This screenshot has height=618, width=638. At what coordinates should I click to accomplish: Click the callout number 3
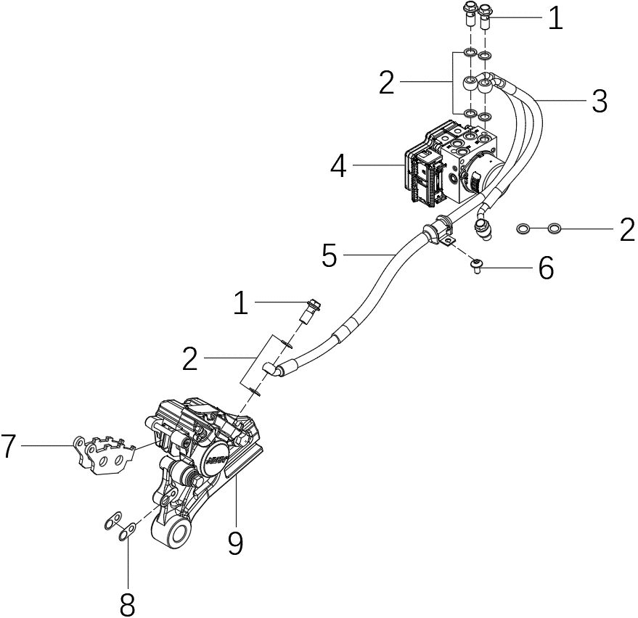click(599, 102)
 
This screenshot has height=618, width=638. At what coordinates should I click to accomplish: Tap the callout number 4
click(338, 167)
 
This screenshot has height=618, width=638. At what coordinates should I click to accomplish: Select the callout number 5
click(329, 255)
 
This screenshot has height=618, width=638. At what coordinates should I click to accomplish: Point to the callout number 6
click(546, 268)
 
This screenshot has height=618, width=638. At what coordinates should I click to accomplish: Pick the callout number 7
click(9, 446)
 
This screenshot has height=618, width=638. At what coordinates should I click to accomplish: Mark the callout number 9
click(234, 541)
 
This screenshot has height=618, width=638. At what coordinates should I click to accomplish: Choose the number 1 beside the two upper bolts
click(555, 18)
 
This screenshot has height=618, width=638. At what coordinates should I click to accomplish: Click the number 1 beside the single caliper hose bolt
click(240, 304)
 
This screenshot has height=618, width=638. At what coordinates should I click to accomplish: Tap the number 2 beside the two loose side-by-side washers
click(627, 230)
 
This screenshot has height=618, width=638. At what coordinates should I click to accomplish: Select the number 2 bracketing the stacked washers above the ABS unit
click(387, 83)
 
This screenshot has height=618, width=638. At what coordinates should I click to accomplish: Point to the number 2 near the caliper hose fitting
click(189, 358)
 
